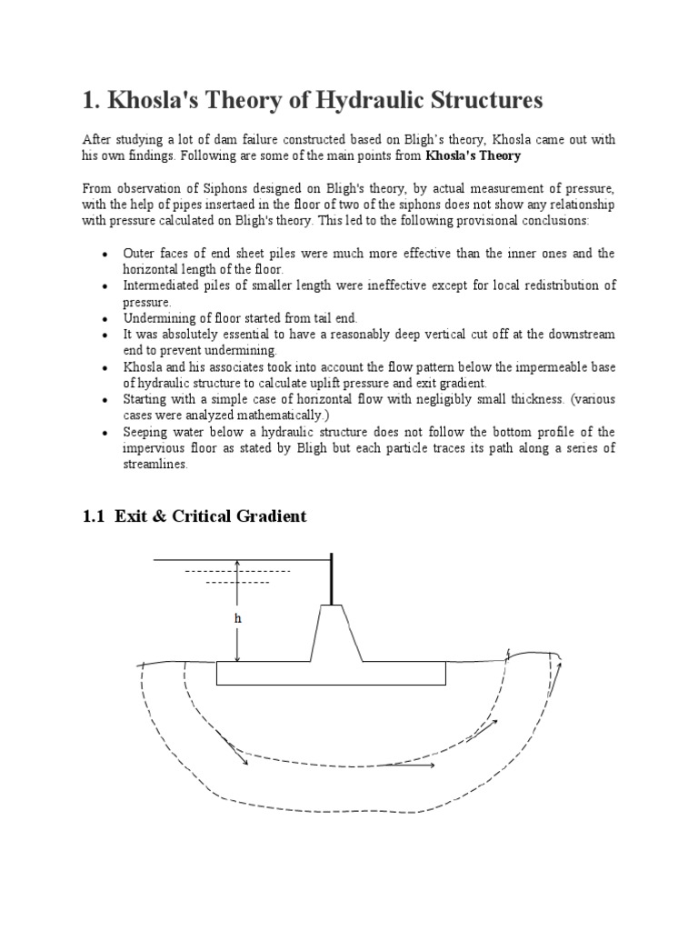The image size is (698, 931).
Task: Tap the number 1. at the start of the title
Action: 94,100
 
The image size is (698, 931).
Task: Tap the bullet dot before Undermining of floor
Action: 107,319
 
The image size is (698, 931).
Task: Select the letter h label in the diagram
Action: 238,617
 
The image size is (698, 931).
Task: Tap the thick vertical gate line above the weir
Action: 331,579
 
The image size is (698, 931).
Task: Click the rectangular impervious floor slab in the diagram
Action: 331,673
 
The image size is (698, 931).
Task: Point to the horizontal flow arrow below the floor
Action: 414,766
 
